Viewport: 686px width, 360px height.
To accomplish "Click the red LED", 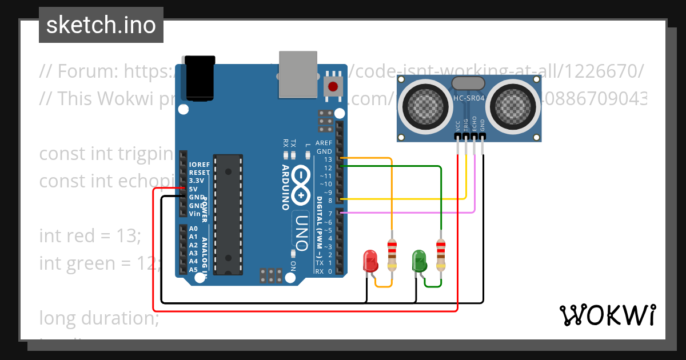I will click(370, 261).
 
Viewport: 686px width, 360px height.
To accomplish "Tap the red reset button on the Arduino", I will click(332, 87).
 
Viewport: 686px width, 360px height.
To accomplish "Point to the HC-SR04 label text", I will click(469, 98).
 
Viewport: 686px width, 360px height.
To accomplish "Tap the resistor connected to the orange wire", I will click(392, 255).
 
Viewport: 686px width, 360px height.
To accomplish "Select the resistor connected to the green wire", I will click(440, 255).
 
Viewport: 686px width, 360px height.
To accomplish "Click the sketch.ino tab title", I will click(101, 25).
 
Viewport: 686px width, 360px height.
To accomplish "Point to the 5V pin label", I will click(193, 189).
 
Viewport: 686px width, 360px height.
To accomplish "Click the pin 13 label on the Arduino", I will click(328, 160).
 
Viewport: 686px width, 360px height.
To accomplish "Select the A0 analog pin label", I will click(193, 229).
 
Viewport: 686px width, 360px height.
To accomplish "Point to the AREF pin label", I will click(324, 143).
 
